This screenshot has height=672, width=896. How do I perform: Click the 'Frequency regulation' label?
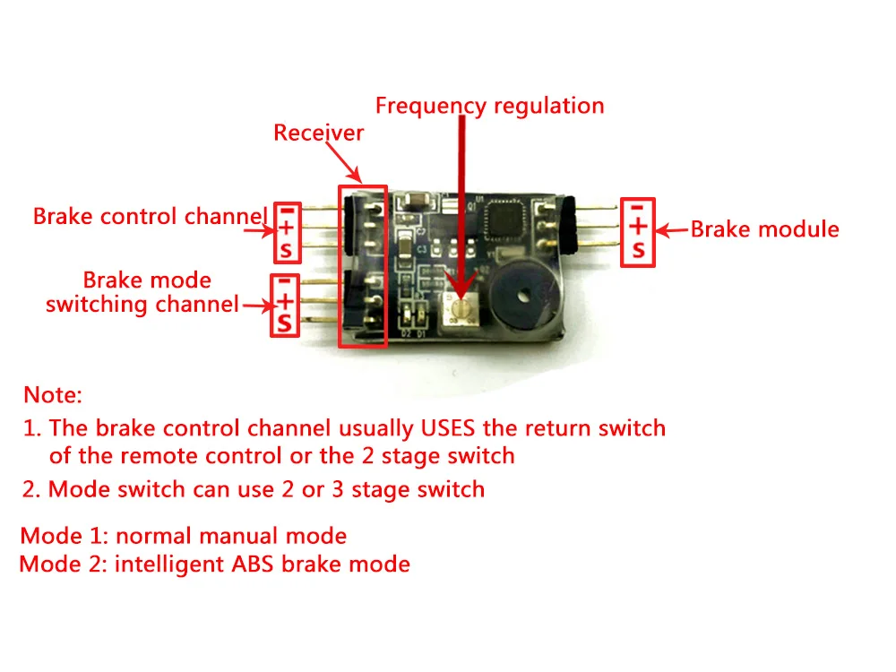click(490, 107)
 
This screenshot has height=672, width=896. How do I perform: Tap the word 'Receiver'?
click(318, 133)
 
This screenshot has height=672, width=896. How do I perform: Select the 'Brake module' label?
click(764, 229)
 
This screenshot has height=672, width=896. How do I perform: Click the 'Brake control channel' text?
click(151, 217)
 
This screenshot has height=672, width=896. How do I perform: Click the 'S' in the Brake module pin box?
click(638, 251)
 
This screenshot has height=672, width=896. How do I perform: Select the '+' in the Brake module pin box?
click(638, 227)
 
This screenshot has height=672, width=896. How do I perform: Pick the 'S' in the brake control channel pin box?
click(287, 250)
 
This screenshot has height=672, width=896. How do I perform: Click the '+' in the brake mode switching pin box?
click(285, 300)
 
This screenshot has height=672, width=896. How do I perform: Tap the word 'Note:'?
click(53, 395)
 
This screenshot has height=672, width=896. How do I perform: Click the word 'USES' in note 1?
click(447, 428)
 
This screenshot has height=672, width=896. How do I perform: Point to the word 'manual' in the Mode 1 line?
click(239, 536)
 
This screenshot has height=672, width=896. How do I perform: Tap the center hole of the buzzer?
click(521, 296)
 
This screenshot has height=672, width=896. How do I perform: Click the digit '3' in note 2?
click(338, 490)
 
